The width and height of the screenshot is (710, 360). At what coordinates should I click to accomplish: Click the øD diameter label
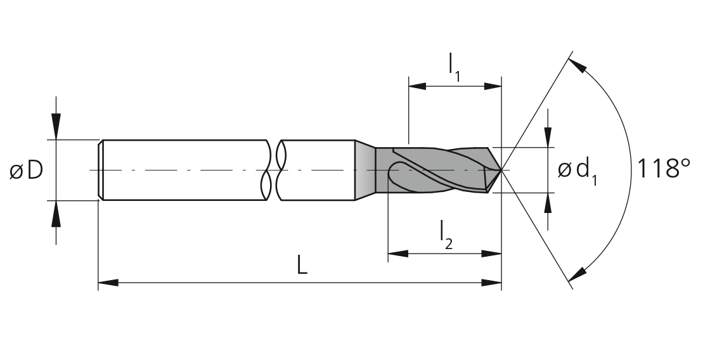click(26, 170)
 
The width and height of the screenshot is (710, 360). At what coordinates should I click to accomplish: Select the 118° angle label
click(663, 169)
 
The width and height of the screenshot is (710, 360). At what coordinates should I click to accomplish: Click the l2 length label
click(446, 236)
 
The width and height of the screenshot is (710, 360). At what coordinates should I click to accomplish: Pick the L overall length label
click(302, 265)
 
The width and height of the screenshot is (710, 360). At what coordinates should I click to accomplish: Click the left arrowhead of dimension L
click(108, 283)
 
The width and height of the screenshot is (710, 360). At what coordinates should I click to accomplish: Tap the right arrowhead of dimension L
click(491, 283)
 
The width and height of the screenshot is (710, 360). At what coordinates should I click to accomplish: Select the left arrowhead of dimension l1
click(418, 86)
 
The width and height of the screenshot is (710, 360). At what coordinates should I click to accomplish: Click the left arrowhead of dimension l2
click(398, 254)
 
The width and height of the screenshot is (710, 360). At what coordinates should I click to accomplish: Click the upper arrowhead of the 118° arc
click(578, 65)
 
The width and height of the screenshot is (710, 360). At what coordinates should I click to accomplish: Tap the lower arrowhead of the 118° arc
click(578, 274)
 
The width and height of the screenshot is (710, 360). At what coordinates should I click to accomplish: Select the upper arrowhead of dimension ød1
click(548, 138)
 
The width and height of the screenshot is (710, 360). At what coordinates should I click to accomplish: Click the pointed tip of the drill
click(501, 170)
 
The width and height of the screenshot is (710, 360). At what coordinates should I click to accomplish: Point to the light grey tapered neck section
click(365, 170)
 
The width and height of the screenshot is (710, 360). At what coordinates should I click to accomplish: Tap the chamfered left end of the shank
click(101, 170)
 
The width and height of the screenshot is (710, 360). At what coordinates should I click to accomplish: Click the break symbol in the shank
click(274, 170)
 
